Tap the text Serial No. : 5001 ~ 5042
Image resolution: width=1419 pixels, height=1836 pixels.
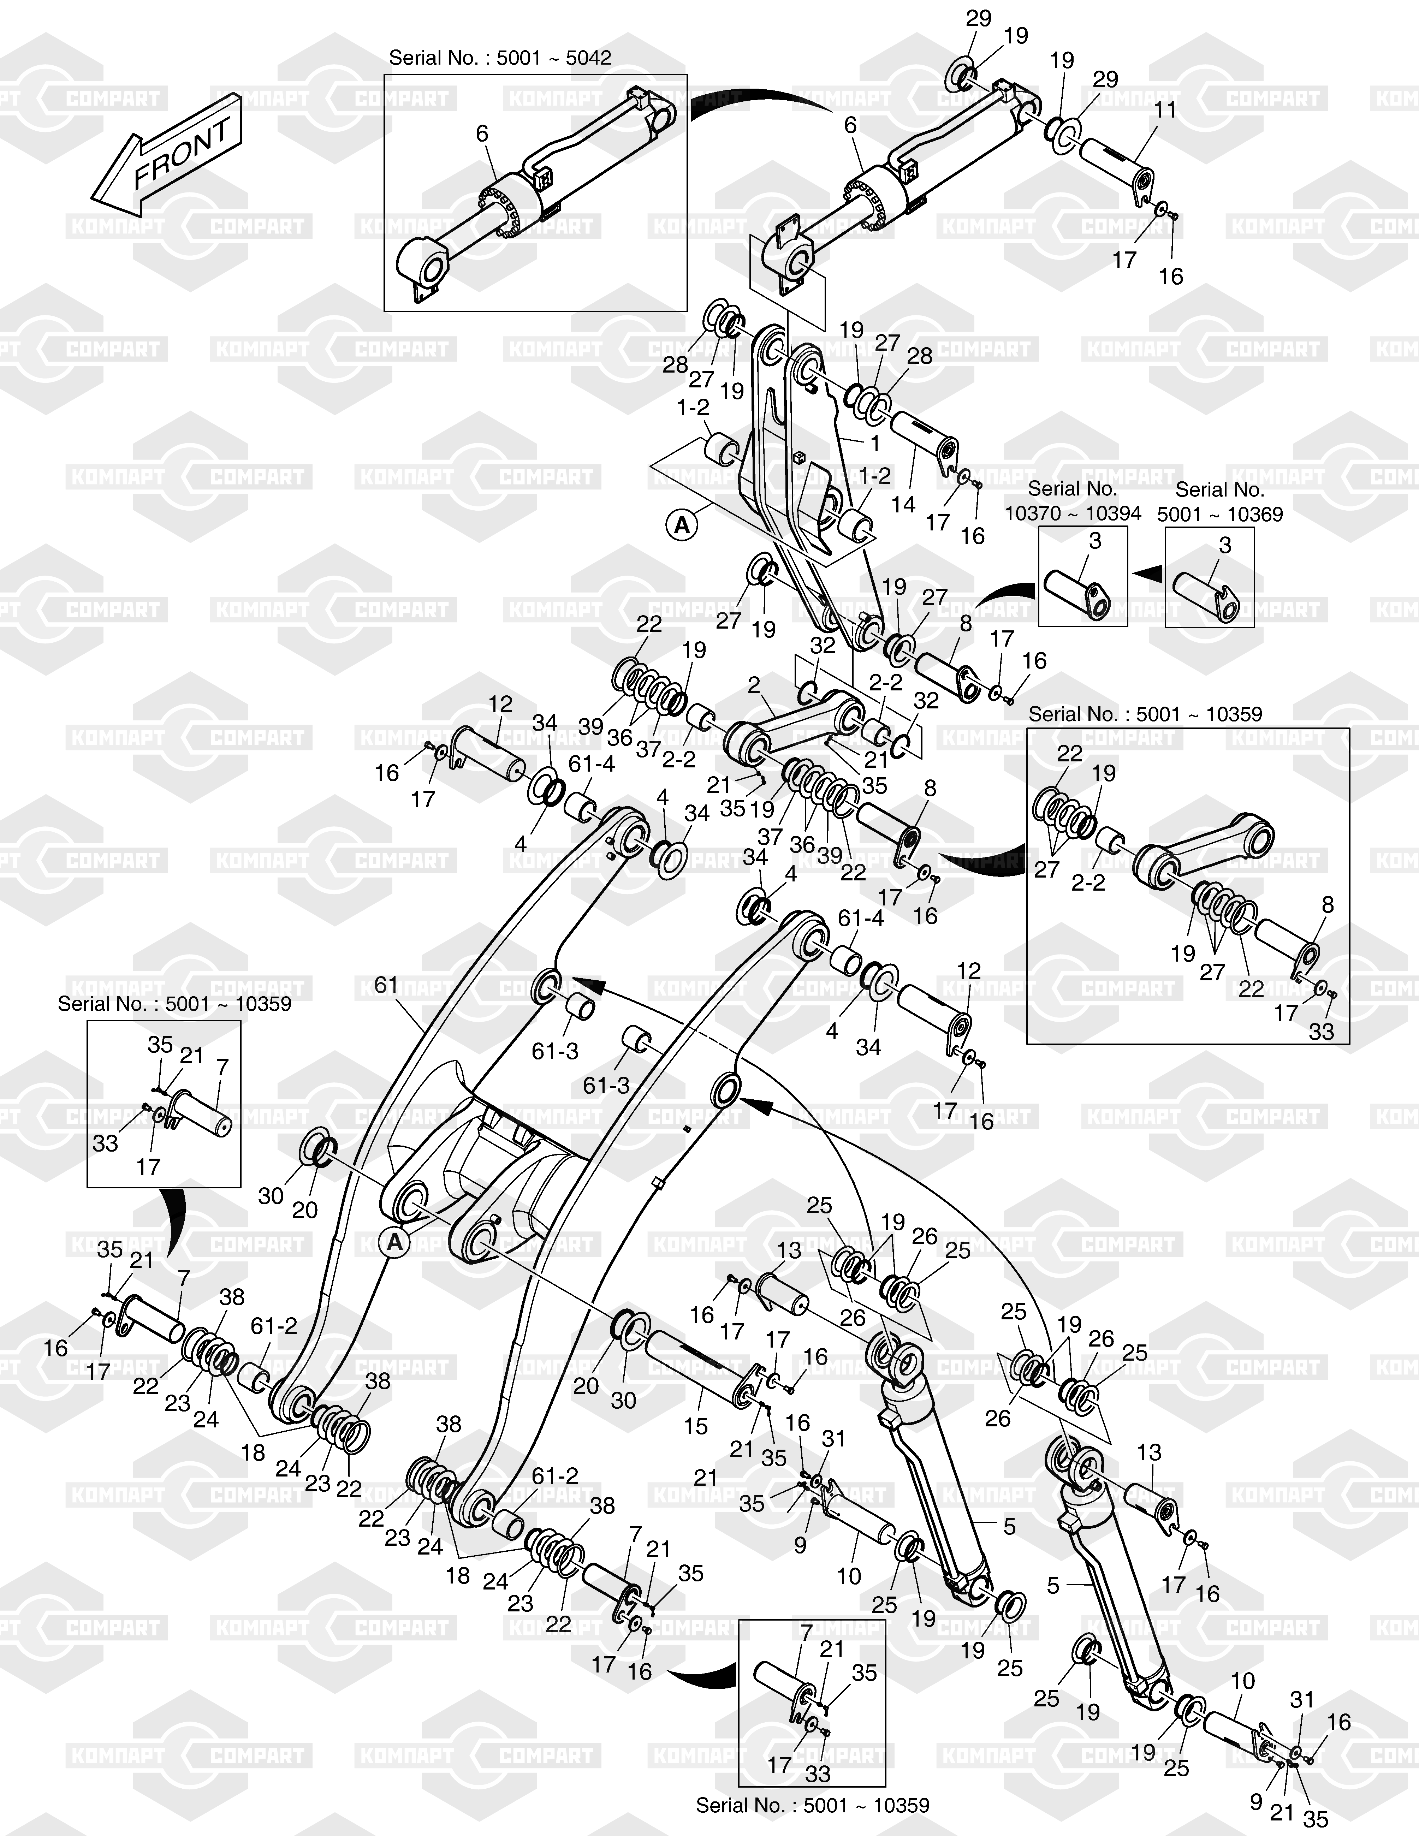click(500, 58)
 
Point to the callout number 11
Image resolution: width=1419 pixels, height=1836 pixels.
click(1165, 110)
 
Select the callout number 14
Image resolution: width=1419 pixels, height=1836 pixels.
click(904, 504)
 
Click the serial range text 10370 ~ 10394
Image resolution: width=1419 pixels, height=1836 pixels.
click(1074, 513)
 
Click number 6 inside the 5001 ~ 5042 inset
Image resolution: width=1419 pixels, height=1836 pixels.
click(482, 133)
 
